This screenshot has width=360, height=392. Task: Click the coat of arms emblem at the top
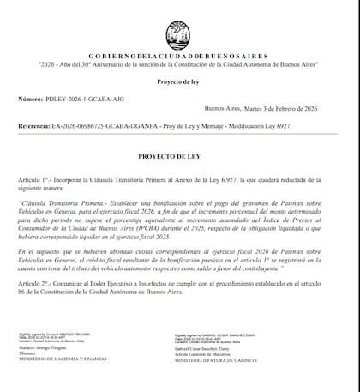click(x=179, y=33)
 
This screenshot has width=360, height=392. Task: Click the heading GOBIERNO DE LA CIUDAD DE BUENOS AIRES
click(x=179, y=55)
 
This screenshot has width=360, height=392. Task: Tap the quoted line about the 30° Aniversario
click(x=179, y=64)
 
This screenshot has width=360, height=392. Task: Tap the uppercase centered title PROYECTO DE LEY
click(x=179, y=158)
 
